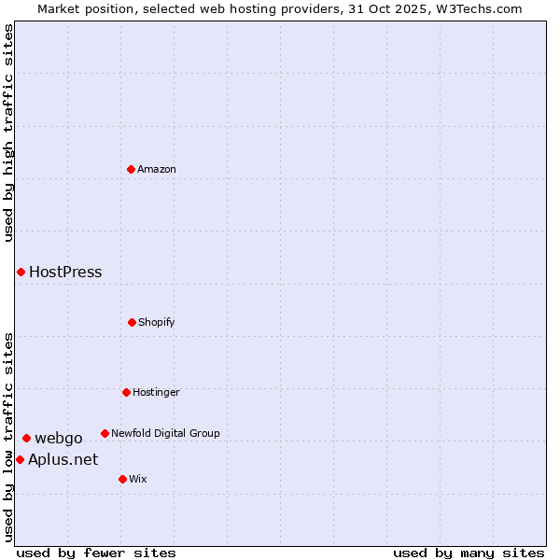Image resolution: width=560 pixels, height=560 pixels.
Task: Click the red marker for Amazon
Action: coord(132,169)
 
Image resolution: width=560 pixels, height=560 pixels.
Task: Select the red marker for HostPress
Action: coord(21,272)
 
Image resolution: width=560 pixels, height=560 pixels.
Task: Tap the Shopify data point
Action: coord(132,322)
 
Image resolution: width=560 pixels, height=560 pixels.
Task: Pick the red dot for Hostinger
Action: coord(126,392)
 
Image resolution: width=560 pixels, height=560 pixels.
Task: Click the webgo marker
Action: coord(26,438)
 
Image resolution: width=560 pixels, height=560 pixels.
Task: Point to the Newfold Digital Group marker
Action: coord(105,433)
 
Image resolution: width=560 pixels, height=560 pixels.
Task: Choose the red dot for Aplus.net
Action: coord(20,459)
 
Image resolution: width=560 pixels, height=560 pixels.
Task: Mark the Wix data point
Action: coord(122,479)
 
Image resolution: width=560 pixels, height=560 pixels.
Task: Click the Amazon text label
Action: coord(157,169)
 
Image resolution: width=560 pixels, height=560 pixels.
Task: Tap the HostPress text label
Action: coord(65,273)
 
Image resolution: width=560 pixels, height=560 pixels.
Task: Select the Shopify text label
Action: coord(157,322)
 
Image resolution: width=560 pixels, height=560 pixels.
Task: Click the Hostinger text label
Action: coord(156,392)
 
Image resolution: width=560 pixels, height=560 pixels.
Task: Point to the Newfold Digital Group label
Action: coord(165,433)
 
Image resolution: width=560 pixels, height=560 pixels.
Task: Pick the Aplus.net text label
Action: coord(63,459)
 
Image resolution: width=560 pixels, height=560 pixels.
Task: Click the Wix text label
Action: coord(138,479)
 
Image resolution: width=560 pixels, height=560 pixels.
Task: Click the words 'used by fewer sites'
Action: coord(96,553)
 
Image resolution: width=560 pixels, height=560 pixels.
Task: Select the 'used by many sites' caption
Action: coord(469,553)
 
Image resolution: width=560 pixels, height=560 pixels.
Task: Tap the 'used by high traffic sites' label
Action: coord(8,133)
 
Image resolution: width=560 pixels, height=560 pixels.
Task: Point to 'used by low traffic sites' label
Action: coord(8,436)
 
